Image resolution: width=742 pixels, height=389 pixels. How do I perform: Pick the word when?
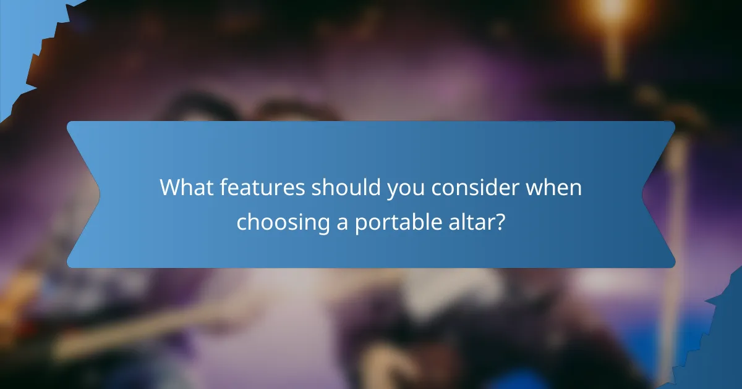(x=554, y=188)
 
